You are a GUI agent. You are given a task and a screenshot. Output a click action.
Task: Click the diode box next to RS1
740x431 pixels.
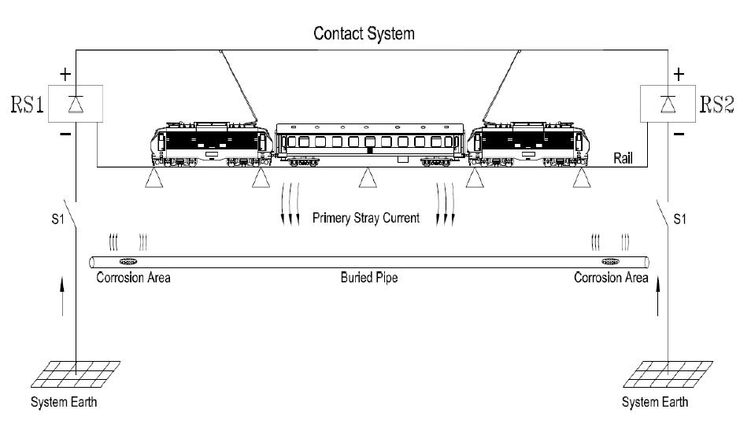pyautogui.click(x=75, y=104)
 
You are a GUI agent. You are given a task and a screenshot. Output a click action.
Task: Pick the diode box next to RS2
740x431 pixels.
pyautogui.click(x=668, y=104)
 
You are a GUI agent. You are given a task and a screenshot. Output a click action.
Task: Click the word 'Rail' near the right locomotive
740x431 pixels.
pyautogui.click(x=623, y=158)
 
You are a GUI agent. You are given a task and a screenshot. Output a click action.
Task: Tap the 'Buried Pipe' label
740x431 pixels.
pyautogui.click(x=368, y=278)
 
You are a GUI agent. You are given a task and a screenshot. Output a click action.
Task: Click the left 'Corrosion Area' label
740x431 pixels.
pyautogui.click(x=133, y=278)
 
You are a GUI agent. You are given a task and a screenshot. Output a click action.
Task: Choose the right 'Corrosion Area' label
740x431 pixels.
pyautogui.click(x=611, y=278)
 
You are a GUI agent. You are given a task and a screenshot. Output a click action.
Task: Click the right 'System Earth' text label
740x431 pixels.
pyautogui.click(x=654, y=403)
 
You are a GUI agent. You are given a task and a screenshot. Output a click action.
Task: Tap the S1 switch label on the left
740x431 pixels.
pyautogui.click(x=49, y=218)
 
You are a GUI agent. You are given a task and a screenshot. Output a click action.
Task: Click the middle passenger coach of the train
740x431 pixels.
pyautogui.click(x=370, y=144)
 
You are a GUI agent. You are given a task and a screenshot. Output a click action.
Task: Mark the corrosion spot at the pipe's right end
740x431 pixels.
pyautogui.click(x=611, y=262)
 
